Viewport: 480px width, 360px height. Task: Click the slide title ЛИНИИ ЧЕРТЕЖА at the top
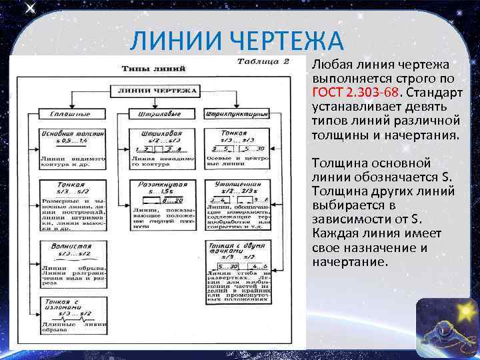237,41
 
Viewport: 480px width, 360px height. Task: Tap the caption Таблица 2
263,61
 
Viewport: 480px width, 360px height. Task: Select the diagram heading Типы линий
148,68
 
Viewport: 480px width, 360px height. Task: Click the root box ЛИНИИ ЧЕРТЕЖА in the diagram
157,90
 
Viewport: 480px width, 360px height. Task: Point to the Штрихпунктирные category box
237,114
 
